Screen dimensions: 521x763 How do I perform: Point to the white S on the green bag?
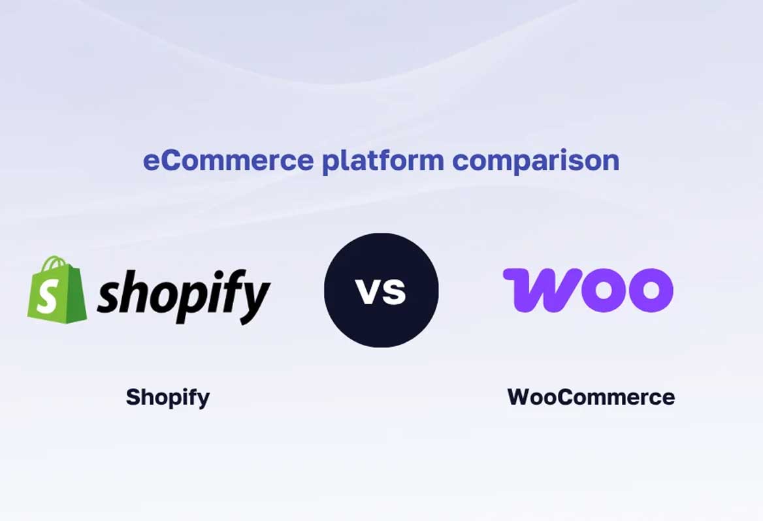[47, 298]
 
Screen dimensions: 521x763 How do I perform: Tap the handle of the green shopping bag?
[57, 264]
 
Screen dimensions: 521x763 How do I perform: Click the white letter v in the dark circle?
[370, 291]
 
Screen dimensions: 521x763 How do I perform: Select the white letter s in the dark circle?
[395, 292]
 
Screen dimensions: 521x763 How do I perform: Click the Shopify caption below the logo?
[168, 397]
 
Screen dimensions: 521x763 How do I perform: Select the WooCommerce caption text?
[591, 397]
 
